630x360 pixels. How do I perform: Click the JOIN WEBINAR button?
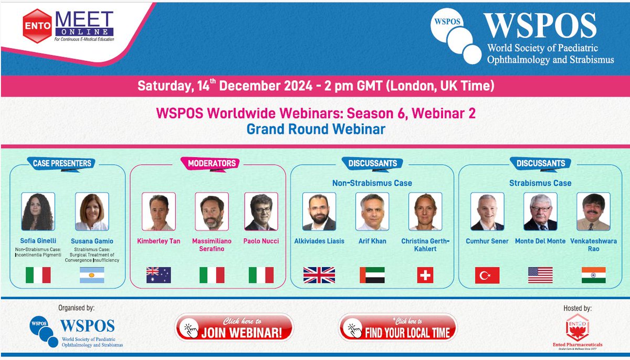(x=234, y=328)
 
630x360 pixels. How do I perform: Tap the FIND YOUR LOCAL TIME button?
(x=397, y=328)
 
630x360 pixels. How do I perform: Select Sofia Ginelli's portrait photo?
(x=38, y=211)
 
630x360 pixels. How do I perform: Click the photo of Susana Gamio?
(x=92, y=211)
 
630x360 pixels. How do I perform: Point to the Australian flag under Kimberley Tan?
(x=159, y=275)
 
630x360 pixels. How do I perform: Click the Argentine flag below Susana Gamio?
(x=92, y=275)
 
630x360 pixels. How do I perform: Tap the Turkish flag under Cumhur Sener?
(x=487, y=275)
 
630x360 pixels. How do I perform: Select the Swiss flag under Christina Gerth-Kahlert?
(x=425, y=275)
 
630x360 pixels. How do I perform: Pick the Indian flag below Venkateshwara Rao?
(x=593, y=275)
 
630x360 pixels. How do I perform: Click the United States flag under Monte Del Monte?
(x=540, y=275)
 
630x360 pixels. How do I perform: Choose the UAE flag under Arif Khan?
(x=372, y=275)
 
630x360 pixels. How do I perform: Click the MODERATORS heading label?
(x=212, y=163)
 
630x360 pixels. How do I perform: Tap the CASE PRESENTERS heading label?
(x=62, y=163)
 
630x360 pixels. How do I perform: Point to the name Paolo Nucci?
(x=261, y=241)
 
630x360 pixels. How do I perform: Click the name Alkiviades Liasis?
(x=319, y=241)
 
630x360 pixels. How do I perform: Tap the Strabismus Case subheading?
(x=540, y=183)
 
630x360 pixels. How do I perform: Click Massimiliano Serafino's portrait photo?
(x=212, y=211)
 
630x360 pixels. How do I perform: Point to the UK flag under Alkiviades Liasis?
(x=319, y=275)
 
